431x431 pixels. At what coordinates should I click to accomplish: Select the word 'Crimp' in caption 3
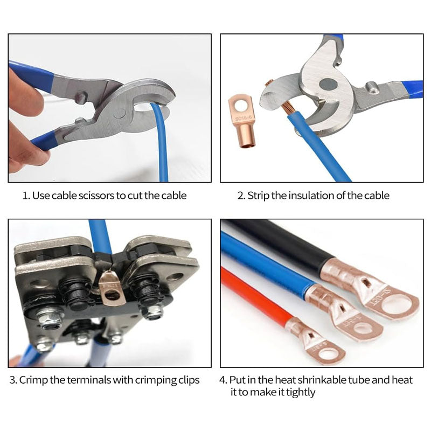(34, 380)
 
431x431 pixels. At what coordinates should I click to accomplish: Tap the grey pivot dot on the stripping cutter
(327, 84)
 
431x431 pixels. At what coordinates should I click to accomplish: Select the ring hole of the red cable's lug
(329, 354)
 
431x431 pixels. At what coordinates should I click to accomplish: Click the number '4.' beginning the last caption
(223, 380)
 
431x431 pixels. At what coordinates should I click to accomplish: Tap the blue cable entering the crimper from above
(100, 237)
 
